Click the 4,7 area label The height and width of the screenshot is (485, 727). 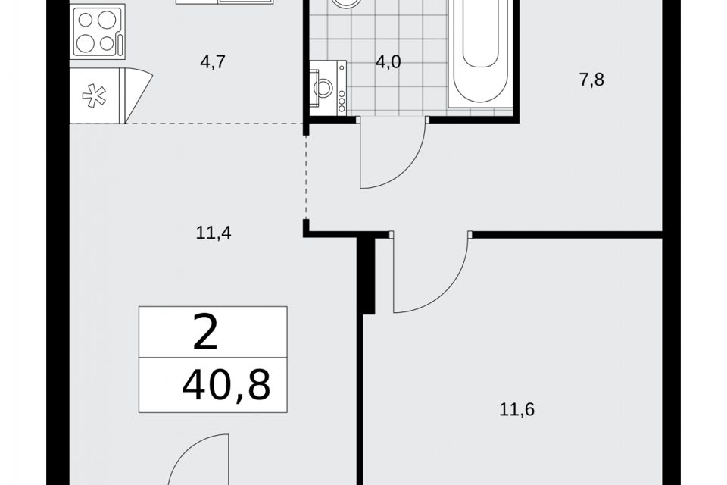coord(213,61)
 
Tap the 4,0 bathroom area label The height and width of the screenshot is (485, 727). coord(388,61)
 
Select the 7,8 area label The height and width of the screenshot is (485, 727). coord(591,80)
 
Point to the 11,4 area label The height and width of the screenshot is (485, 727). coord(214,232)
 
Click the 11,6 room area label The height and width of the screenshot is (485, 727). coord(517,409)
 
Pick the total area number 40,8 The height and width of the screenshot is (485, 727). coord(226,385)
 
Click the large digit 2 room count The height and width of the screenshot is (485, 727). coord(205,333)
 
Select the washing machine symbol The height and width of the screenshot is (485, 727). coord(328,88)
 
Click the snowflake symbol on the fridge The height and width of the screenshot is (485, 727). coord(94,95)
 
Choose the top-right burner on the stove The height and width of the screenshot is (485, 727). coord(107,20)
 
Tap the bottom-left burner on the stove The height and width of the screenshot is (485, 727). coord(86,44)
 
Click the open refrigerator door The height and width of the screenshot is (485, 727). coord(136,95)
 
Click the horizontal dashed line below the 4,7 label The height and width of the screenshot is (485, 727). coord(214,124)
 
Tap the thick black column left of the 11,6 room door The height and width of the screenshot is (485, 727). coord(369,276)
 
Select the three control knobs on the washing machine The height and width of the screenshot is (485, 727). coord(342,101)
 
